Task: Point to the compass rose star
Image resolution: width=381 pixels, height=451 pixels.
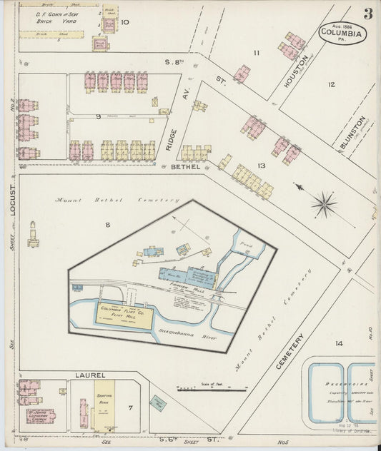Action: click(324, 205)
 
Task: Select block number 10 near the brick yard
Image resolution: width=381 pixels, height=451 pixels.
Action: click(125, 22)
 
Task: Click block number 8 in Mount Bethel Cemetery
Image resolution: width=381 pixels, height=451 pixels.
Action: click(108, 225)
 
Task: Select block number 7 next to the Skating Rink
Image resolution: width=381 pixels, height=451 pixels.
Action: click(129, 407)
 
